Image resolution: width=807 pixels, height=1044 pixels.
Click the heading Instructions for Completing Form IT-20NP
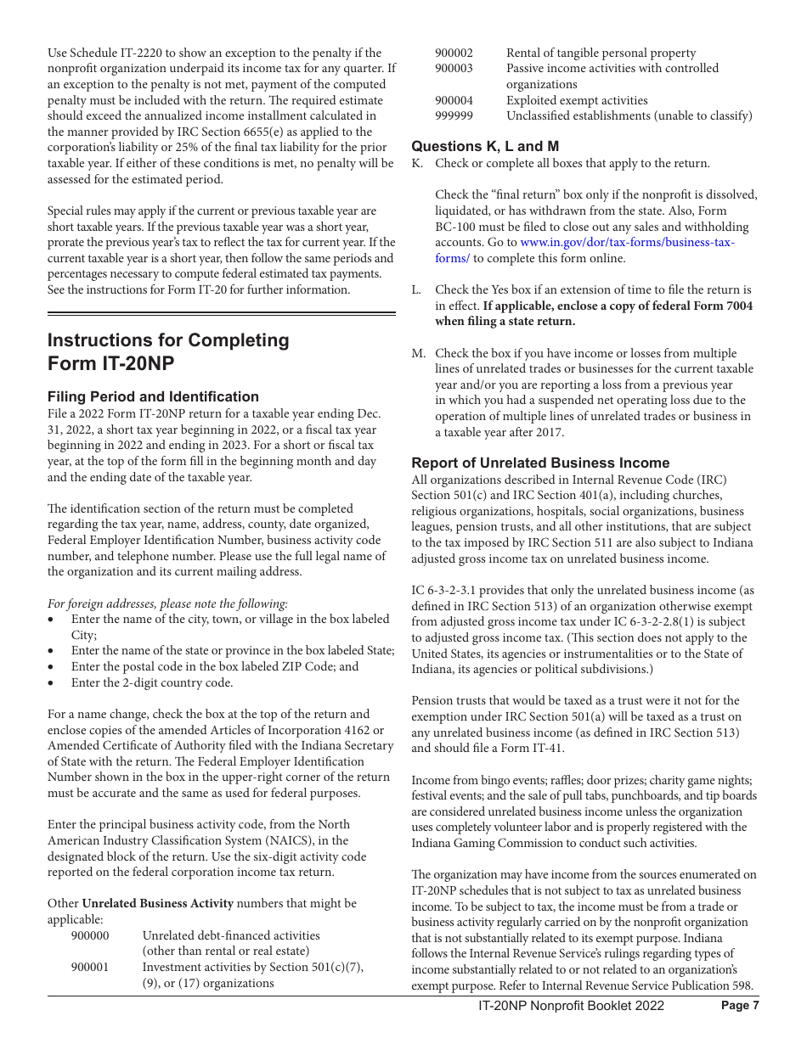coord(168,351)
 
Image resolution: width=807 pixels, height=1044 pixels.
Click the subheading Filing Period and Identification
coord(153,396)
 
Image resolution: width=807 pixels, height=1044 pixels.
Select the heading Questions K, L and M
coord(485,146)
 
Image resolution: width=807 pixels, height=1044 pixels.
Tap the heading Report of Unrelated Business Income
coord(540,463)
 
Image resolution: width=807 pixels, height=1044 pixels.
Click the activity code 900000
coord(90,935)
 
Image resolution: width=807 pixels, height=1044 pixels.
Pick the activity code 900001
coord(90,967)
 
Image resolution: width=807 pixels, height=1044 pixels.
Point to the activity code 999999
coord(454,116)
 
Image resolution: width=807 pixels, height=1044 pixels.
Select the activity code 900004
coord(454,100)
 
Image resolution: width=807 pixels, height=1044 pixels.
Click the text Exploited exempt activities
coord(577,100)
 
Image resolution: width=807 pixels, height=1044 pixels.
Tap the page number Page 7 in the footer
coord(739,1006)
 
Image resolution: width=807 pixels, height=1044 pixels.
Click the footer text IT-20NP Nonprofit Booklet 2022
coord(571,1006)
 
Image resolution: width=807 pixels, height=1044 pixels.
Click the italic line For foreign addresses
coord(167,603)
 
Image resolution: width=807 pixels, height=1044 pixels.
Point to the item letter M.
coord(418,353)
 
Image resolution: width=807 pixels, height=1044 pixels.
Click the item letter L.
coord(416,290)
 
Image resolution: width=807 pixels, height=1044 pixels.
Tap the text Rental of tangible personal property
coord(601,53)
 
